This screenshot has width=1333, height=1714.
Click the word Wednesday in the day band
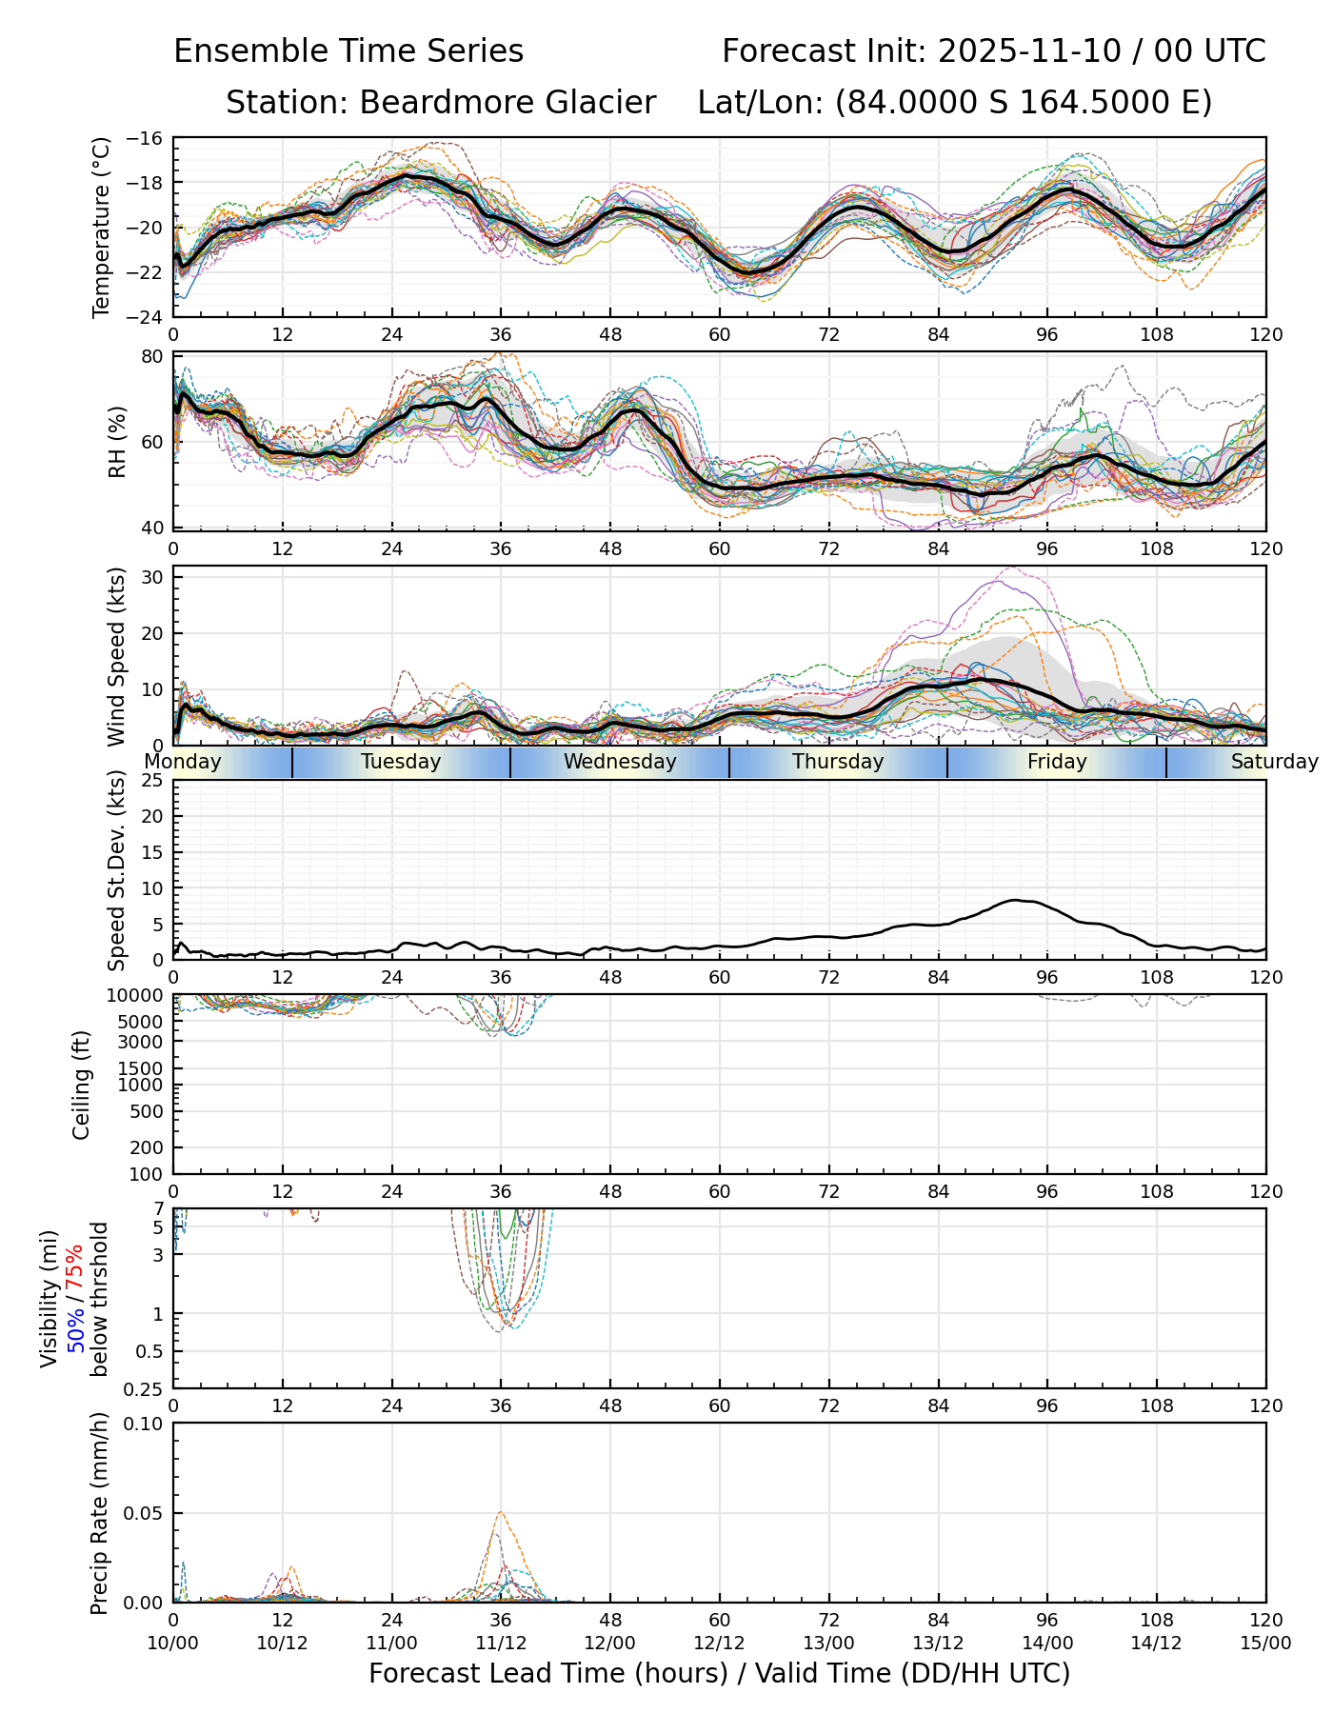point(620,762)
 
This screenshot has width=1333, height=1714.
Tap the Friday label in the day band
point(1057,762)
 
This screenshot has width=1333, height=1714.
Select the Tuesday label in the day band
point(401,762)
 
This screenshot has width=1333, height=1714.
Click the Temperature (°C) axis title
point(102,227)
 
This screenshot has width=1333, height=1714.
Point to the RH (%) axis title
point(117,441)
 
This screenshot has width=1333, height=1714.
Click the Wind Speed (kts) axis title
point(116,656)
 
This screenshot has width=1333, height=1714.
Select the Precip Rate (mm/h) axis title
point(99,1512)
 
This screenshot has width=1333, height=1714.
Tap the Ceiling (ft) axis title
point(82,1085)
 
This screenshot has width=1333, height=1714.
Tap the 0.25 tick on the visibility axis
point(146,1388)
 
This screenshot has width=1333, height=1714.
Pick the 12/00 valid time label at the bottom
point(610,1643)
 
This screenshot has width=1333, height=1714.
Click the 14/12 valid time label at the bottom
point(1157,1643)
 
